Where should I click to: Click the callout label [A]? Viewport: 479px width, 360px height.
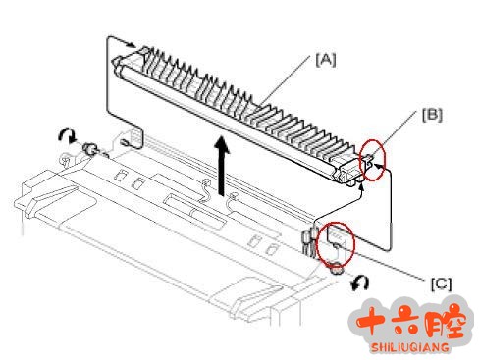point(326,60)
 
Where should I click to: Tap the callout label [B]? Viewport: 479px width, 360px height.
point(432,115)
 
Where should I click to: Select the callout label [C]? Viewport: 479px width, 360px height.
point(441,283)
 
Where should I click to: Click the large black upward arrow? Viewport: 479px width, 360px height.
point(222,166)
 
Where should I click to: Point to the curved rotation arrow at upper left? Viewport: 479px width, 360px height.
point(67,134)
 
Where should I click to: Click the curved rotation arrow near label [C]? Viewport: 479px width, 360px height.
point(360,283)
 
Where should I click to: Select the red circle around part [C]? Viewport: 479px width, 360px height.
point(337,244)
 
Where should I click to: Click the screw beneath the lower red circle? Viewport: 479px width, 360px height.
point(337,270)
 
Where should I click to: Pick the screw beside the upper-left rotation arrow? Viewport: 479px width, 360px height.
point(89,149)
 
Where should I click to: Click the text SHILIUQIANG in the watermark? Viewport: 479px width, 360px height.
point(410,346)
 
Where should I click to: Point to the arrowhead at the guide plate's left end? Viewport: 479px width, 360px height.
point(132,44)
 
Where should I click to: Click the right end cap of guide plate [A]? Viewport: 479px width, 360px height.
point(346,174)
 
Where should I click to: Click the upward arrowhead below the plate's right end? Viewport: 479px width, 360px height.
point(361,187)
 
